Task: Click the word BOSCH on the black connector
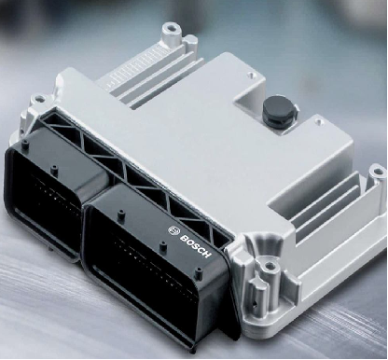[x=196, y=246]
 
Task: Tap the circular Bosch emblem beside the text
[x=173, y=230]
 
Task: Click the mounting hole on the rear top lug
[x=171, y=29]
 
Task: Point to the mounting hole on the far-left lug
[x=38, y=100]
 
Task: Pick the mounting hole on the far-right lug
[x=377, y=172]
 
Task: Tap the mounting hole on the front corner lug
[x=270, y=266]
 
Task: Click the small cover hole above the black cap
[x=251, y=76]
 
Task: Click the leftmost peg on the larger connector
[x=120, y=215]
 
